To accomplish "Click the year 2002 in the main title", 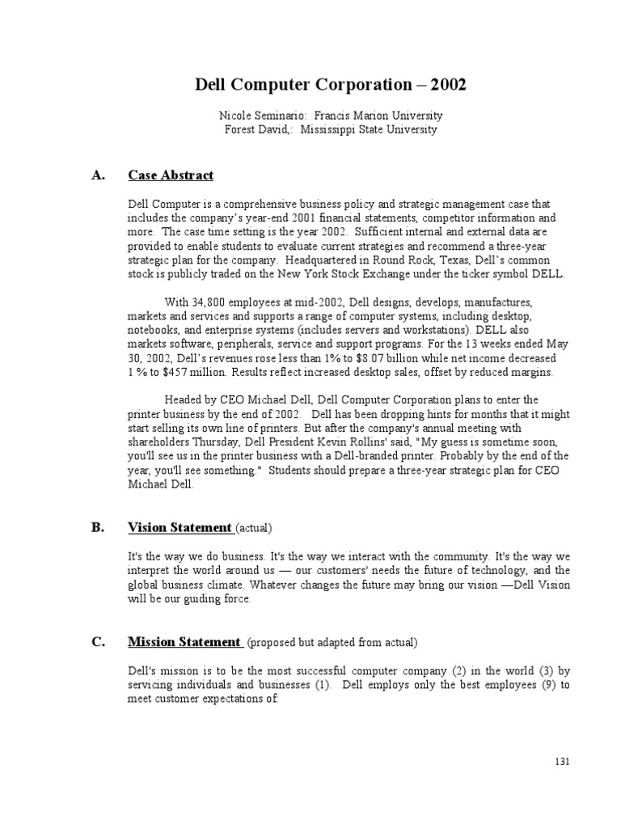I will click(x=448, y=84).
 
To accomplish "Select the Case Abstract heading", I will click(x=171, y=175).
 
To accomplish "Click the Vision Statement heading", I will click(x=180, y=528).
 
